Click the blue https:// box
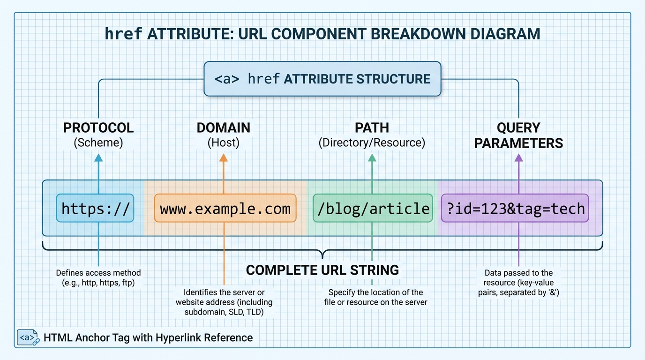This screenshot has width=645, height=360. pyautogui.click(x=95, y=208)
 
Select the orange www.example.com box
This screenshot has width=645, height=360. pyautogui.click(x=225, y=208)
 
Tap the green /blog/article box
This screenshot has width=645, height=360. pyautogui.click(x=373, y=208)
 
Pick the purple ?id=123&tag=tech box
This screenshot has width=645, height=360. pyautogui.click(x=515, y=208)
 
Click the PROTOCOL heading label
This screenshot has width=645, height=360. pyautogui.click(x=98, y=127)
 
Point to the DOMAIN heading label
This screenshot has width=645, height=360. pyautogui.click(x=224, y=127)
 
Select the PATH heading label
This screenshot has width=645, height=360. pyautogui.click(x=372, y=127)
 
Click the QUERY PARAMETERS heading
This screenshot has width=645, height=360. pyautogui.click(x=518, y=135)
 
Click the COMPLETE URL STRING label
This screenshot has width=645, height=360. pyautogui.click(x=322, y=270)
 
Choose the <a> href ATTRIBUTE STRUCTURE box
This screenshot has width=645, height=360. pyautogui.click(x=322, y=79)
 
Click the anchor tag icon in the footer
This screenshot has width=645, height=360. pyautogui.click(x=28, y=337)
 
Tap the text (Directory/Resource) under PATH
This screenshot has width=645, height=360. pyautogui.click(x=372, y=142)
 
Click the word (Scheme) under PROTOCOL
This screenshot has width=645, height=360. pyautogui.click(x=98, y=142)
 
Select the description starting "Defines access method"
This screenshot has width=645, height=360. pyautogui.click(x=98, y=277)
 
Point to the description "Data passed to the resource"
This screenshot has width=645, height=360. pyautogui.click(x=518, y=283)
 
